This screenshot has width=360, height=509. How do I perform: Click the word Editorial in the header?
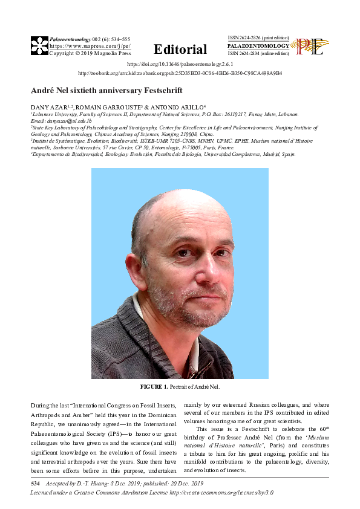point(180,50)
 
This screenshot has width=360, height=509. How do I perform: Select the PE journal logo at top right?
point(311,46)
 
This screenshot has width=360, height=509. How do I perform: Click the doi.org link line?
point(180,63)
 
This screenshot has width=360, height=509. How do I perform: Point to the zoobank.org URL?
point(180,73)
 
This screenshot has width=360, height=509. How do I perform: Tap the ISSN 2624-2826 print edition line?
point(258,37)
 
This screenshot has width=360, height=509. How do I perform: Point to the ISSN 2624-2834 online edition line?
point(258,54)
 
